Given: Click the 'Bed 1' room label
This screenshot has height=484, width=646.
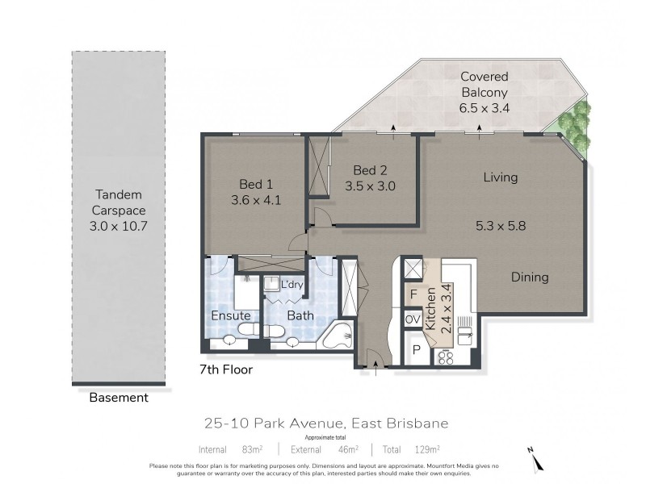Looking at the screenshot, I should (x=254, y=182).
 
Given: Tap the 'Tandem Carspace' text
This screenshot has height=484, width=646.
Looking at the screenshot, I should (x=119, y=194).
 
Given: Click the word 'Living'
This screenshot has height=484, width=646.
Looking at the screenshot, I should (x=500, y=177).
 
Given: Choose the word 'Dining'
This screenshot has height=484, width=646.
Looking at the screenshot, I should (x=530, y=277).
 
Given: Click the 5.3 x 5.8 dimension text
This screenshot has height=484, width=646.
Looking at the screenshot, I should (x=502, y=226).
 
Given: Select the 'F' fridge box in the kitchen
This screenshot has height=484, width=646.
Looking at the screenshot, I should (x=413, y=294).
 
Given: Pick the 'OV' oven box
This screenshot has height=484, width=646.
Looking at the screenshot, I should (x=412, y=319).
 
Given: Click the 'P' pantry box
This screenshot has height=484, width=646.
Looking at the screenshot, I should (x=415, y=349).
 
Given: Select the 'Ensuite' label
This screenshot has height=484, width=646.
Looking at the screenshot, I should (x=231, y=315).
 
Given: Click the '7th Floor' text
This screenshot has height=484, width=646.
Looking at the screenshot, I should (x=226, y=371).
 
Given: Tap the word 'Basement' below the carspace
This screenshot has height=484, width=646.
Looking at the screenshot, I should (x=119, y=398).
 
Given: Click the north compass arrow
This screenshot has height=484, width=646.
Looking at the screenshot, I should (x=534, y=458).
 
